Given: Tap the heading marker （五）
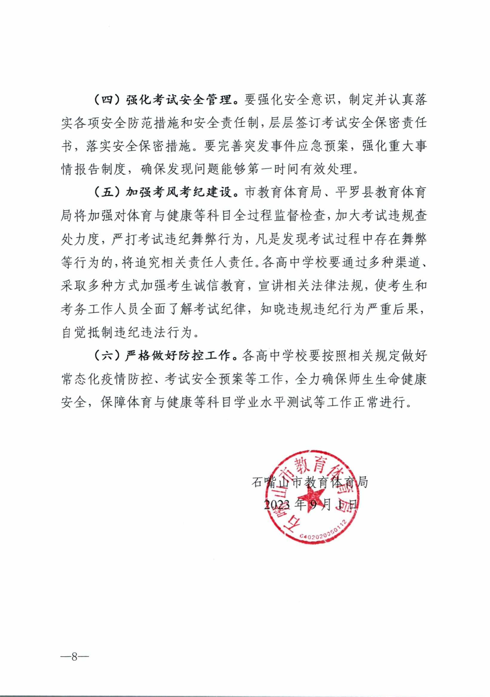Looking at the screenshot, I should pyautogui.click(x=107, y=193).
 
